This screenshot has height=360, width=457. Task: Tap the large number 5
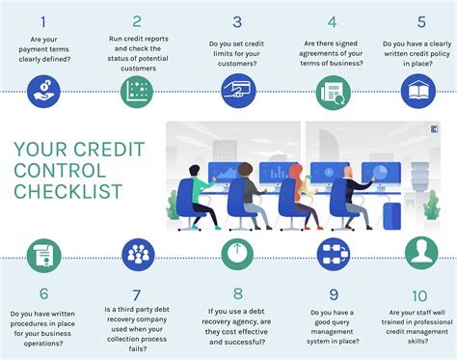click(x=421, y=20)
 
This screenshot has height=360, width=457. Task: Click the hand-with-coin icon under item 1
click(x=44, y=92)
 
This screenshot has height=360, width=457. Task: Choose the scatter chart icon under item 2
click(x=138, y=92)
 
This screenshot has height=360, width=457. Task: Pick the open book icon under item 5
click(x=419, y=92)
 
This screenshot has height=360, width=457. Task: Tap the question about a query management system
click(x=333, y=327)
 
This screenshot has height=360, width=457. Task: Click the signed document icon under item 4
click(x=333, y=92)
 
